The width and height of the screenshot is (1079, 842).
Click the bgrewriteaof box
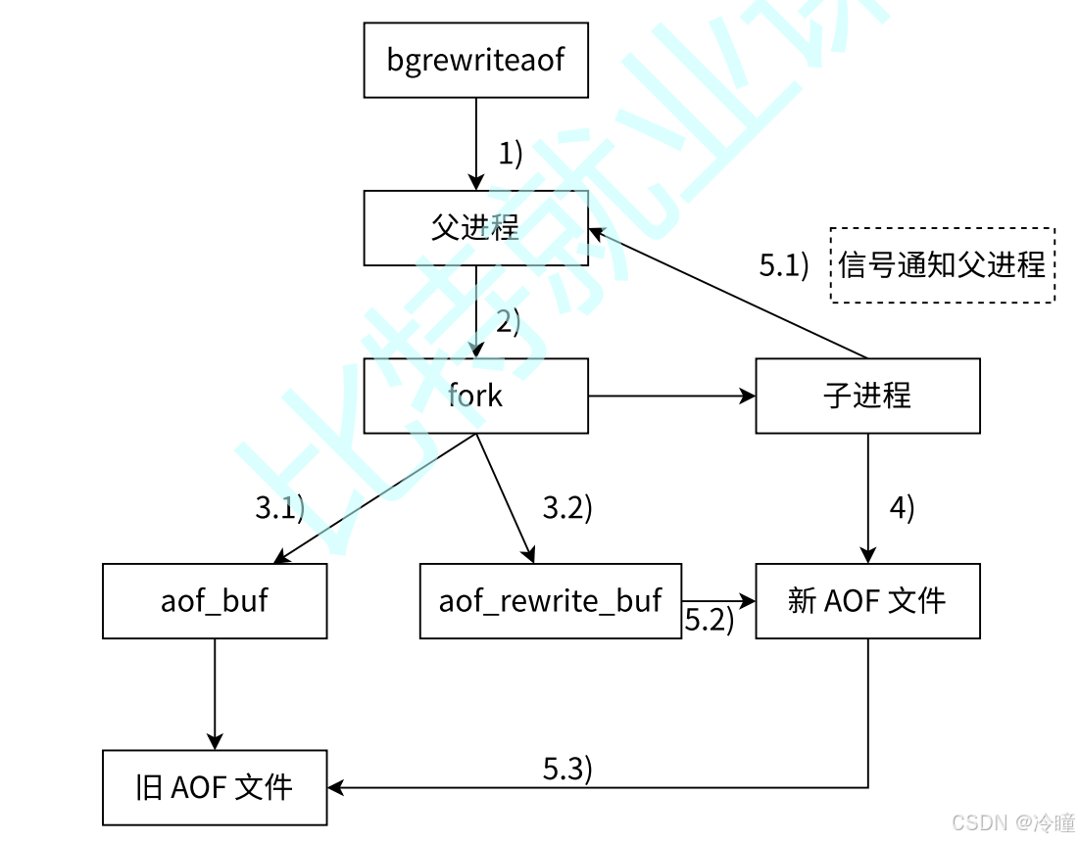pos(475,60)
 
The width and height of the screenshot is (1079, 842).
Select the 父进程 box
pos(475,228)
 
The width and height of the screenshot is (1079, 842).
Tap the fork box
pos(475,396)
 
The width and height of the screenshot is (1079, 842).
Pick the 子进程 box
pos(867,396)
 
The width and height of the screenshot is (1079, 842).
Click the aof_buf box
pos(215,600)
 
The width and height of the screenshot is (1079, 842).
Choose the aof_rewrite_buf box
pos(550,600)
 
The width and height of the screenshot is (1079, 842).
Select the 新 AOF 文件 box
pos(867,600)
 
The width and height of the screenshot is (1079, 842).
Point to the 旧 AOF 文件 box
pos(215,787)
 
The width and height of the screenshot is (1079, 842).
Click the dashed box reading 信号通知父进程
pos(942,264)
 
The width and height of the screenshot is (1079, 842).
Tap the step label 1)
pos(511,154)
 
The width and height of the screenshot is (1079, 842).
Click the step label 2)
pos(508,321)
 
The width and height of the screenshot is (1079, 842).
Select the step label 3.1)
pos(280,508)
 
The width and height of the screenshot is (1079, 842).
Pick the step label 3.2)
pos(568,508)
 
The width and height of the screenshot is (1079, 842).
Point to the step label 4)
pos(902,508)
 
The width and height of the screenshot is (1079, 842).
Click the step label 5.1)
pos(784,265)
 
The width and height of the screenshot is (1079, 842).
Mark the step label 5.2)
pos(709,620)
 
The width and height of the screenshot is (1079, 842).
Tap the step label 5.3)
pos(568,769)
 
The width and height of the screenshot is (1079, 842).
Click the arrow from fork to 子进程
pos(672,396)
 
